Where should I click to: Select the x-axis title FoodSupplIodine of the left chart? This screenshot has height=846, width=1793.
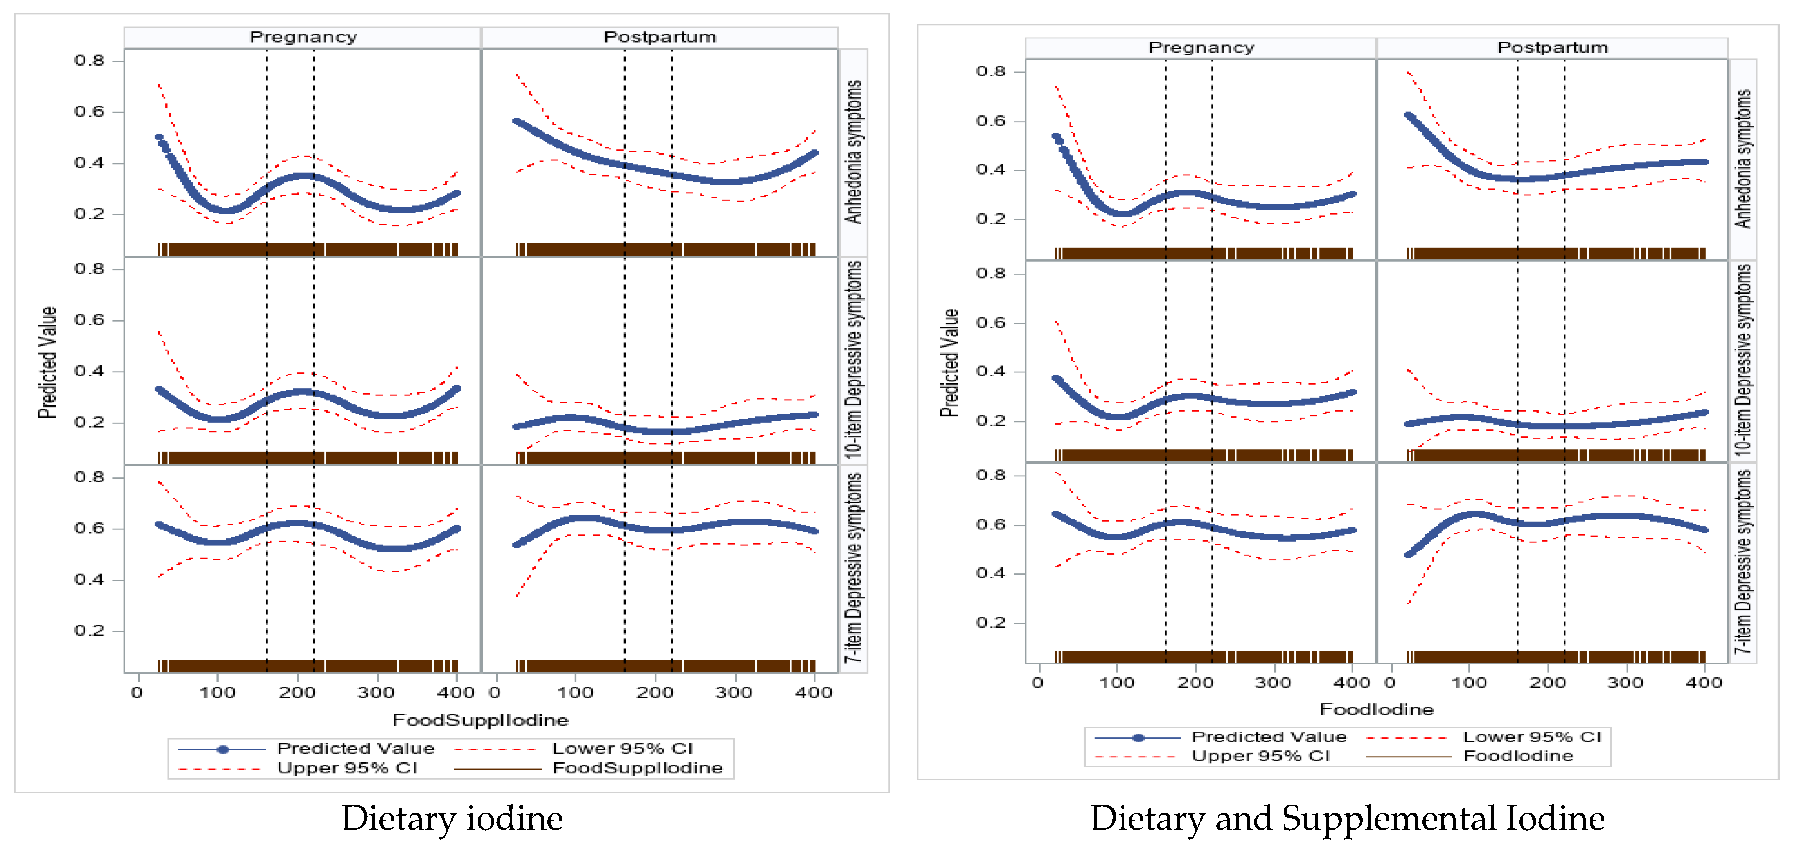[x=480, y=720]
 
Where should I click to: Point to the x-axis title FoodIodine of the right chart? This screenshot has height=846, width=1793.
[x=1376, y=709]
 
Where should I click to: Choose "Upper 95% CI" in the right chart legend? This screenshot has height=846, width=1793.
[x=1260, y=756]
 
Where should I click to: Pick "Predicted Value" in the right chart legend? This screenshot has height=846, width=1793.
[x=1268, y=737]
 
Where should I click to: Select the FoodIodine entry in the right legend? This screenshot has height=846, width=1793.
[x=1517, y=756]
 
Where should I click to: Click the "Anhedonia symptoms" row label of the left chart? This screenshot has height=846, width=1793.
[x=853, y=152]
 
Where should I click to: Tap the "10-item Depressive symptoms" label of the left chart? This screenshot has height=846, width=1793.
[x=853, y=359]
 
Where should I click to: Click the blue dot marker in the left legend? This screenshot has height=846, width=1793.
[x=223, y=749]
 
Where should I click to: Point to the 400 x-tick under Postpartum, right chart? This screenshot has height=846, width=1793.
[x=1703, y=682]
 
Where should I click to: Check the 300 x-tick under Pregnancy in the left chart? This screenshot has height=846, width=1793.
[x=376, y=693]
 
